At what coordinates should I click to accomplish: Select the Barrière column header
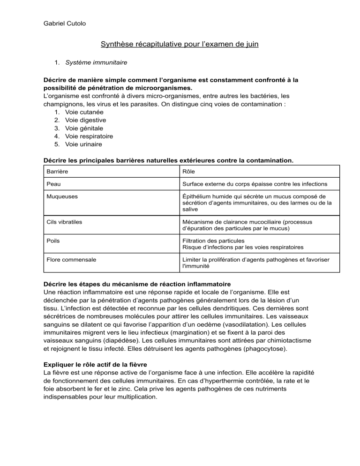[x=56, y=171]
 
